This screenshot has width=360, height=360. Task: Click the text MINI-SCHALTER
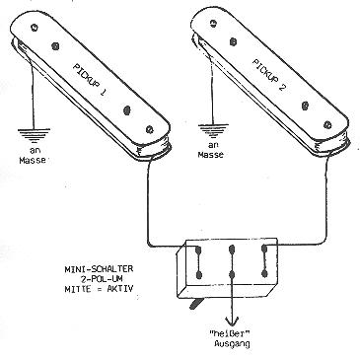click(x=100, y=268)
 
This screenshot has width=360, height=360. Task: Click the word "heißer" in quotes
click(x=230, y=334)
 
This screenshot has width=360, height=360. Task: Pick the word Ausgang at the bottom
click(x=232, y=344)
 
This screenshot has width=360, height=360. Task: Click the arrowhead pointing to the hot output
click(x=233, y=321)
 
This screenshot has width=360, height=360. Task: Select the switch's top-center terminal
click(x=233, y=251)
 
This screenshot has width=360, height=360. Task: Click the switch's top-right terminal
click(x=264, y=250)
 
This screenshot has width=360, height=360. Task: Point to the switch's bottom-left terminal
click(x=198, y=275)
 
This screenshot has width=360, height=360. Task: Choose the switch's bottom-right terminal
click(x=264, y=273)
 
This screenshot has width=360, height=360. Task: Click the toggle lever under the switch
click(x=196, y=304)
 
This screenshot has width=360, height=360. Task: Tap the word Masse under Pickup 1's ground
click(x=33, y=161)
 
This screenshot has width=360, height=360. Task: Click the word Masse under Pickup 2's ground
click(x=211, y=154)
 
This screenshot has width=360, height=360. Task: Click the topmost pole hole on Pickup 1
click(x=35, y=28)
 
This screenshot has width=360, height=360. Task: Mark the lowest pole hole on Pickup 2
click(x=327, y=124)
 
